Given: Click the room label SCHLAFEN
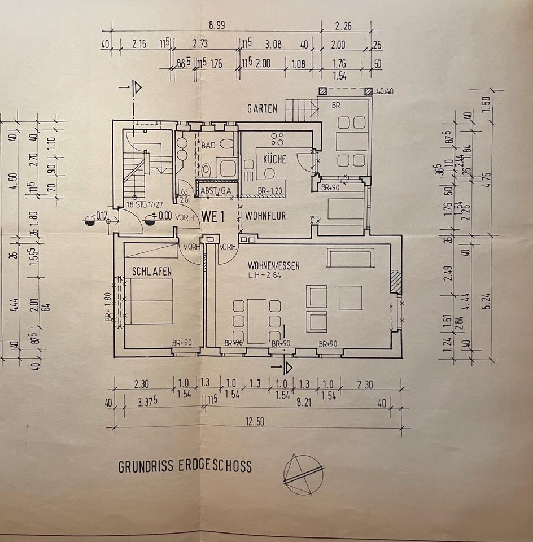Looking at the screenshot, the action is (152, 272).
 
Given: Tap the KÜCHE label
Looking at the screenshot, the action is (274, 160).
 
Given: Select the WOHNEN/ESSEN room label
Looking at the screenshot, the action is (273, 265).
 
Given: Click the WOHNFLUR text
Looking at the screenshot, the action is (265, 216).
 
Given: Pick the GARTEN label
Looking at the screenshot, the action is (262, 108).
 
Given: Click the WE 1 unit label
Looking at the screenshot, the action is (215, 216).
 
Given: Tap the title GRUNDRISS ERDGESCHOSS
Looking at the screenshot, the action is (185, 467).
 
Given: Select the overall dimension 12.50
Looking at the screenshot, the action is (254, 421).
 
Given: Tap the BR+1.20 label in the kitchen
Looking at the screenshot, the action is (270, 191).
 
